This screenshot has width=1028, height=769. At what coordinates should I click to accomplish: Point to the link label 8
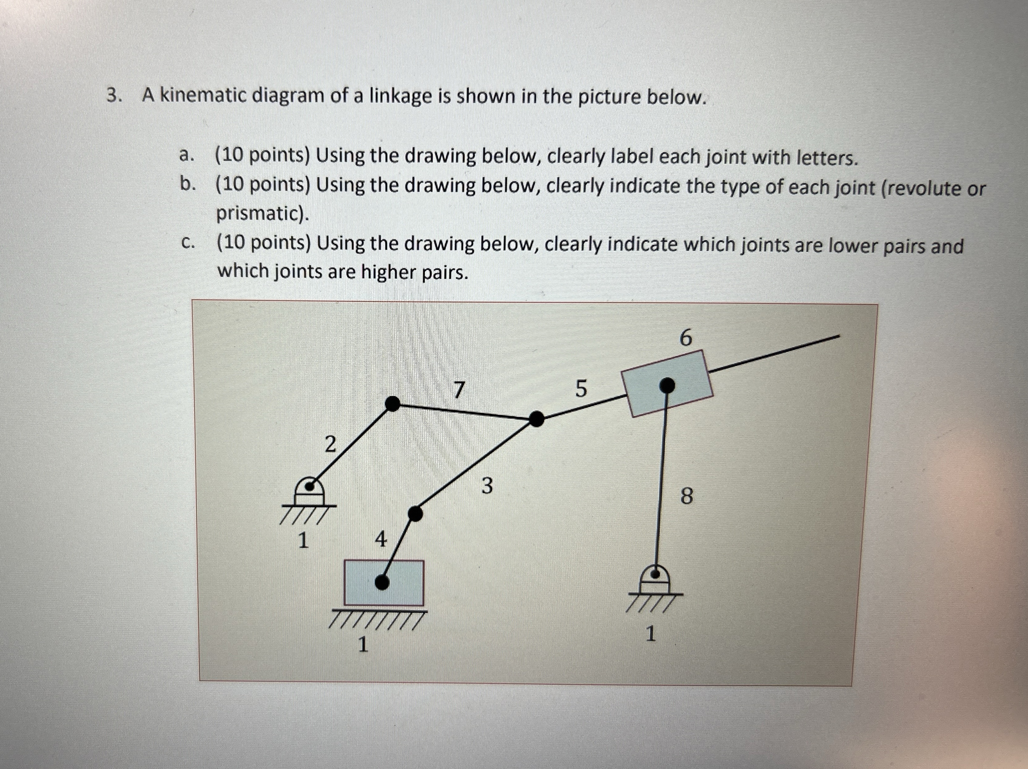click(x=686, y=496)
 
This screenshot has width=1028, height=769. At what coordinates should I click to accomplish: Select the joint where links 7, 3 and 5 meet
click(x=536, y=419)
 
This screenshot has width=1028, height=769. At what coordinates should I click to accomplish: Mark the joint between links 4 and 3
click(x=415, y=514)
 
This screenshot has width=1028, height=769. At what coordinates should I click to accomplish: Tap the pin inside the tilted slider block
click(x=667, y=385)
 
